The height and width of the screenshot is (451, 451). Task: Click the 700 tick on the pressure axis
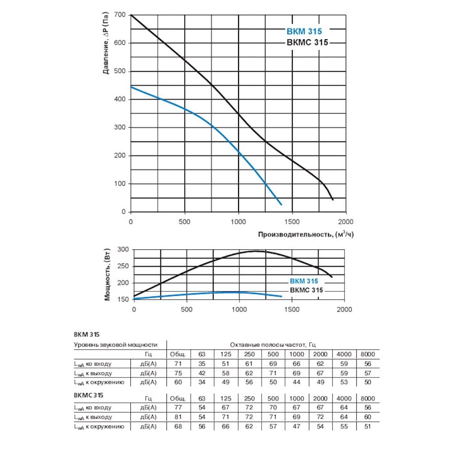(120, 15)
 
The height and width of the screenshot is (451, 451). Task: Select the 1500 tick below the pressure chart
(292, 222)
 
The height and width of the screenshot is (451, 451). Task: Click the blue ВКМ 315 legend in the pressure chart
(304, 32)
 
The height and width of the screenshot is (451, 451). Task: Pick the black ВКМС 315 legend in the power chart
(306, 290)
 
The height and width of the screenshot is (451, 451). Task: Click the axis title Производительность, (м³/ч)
(306, 235)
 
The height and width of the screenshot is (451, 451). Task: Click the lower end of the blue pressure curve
(281, 205)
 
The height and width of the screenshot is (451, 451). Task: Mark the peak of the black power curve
(256, 251)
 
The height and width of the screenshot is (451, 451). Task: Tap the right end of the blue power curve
(281, 296)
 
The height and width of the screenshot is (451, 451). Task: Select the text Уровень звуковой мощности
(115, 344)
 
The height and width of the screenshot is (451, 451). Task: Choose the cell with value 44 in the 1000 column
(296, 382)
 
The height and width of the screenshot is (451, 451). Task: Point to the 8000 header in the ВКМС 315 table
(368, 398)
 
